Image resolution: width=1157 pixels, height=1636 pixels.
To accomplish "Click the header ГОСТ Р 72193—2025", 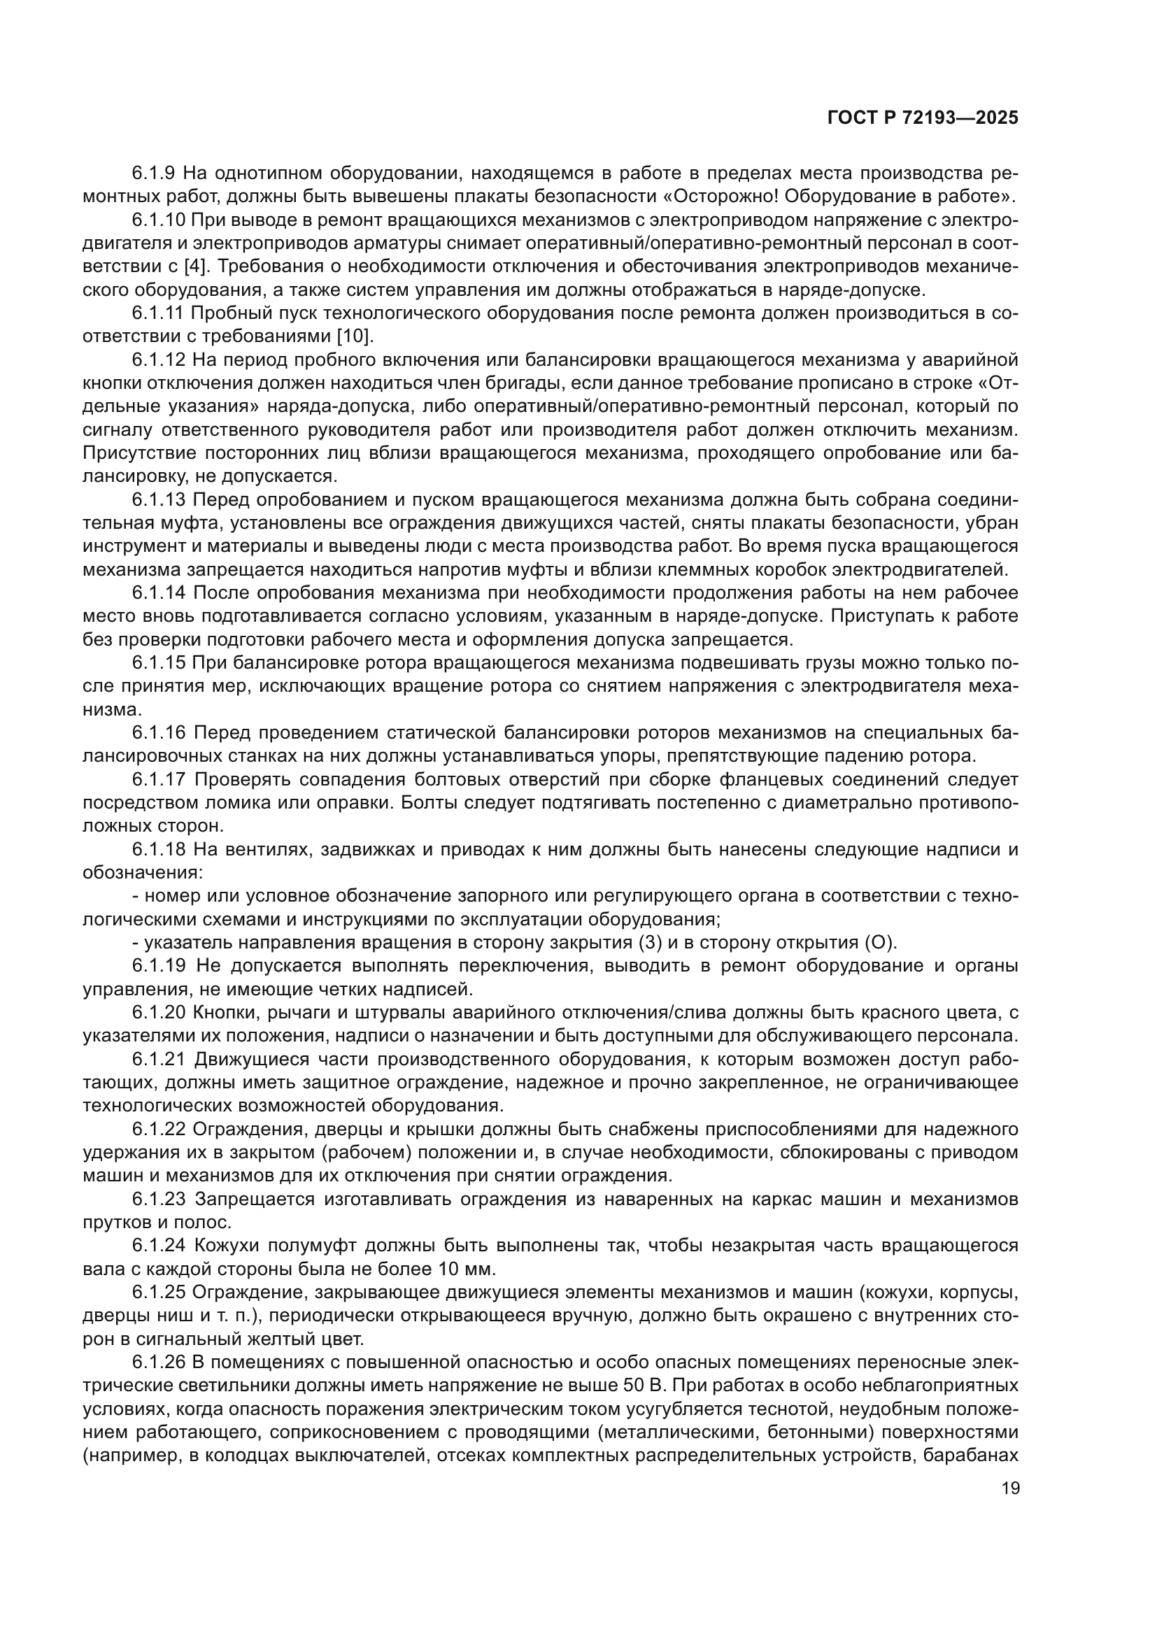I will tap(922, 118).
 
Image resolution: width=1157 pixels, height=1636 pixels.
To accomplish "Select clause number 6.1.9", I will tap(155, 173).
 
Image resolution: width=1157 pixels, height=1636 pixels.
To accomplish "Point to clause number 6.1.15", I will tap(159, 662).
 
